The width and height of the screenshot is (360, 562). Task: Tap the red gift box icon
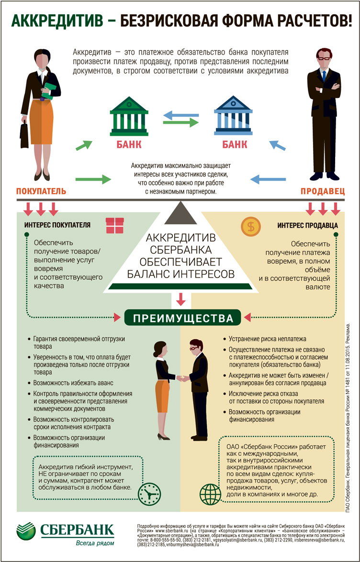114,224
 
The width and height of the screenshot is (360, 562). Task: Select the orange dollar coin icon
249,225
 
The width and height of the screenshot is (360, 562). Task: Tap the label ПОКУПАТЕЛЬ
41,191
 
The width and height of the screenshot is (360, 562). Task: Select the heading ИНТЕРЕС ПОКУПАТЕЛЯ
57,225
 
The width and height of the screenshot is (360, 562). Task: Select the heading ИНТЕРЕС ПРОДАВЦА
307,225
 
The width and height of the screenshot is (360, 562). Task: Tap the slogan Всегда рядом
95,543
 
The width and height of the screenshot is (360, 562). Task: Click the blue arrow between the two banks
179,114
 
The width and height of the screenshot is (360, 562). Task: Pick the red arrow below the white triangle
180,299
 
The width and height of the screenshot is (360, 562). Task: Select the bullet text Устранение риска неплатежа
266,338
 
